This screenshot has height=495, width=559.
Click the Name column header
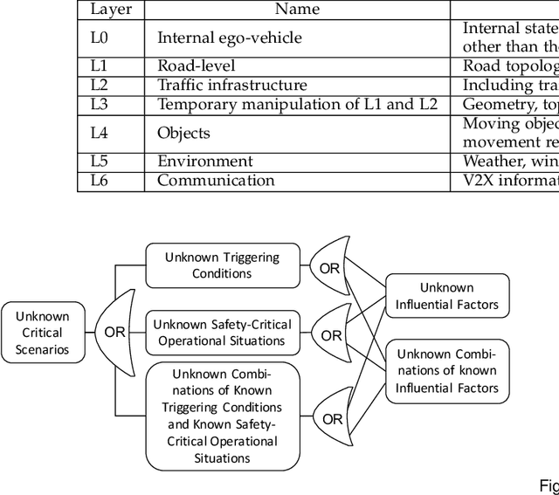[x=297, y=10]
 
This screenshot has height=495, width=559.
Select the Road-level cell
[x=197, y=65]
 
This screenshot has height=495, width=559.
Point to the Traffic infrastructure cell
[x=232, y=86]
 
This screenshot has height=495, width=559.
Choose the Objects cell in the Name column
[x=183, y=133]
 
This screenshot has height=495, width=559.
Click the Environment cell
[x=205, y=162]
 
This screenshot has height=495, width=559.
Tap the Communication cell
[x=216, y=181]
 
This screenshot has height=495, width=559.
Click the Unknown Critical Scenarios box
[x=42, y=333]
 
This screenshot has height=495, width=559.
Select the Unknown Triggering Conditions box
[x=223, y=265]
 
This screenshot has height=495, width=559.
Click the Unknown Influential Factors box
[x=446, y=296]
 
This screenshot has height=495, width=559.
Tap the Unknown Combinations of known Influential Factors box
[x=446, y=370]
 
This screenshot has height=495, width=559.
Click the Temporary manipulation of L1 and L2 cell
[x=297, y=105]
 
